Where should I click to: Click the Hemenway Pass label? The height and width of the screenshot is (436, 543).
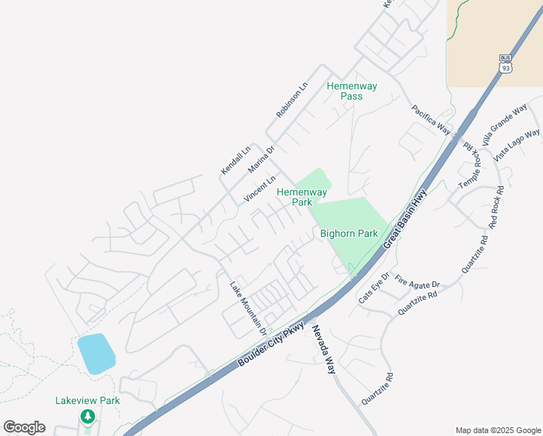click(352, 91)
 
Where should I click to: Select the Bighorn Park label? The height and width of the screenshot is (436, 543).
click(349, 233)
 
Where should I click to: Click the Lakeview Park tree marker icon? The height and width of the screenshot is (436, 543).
click(88, 416)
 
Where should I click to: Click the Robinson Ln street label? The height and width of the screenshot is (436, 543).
click(293, 100)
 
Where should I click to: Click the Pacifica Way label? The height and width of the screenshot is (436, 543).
click(431, 120)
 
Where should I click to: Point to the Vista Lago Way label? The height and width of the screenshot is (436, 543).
click(517, 145)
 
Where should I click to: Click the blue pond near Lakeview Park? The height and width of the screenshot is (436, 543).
click(96, 354)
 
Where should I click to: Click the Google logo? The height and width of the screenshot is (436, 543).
click(24, 427)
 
